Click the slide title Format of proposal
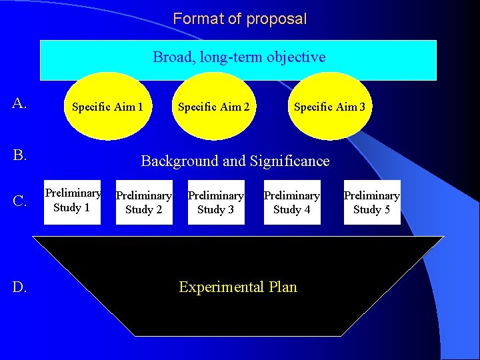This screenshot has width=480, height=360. click(239, 19)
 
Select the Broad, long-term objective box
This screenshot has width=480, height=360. click(239, 59)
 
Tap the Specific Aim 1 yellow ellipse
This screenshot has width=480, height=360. click(107, 106)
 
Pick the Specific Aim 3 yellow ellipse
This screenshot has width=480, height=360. click(329, 106)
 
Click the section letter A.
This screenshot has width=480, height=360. click(19, 103)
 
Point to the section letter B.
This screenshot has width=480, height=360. click(19, 155)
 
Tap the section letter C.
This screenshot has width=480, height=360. click(19, 201)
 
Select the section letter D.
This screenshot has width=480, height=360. click(19, 287)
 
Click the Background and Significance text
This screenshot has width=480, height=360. click(235, 161)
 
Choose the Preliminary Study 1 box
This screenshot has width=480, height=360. click(73, 201)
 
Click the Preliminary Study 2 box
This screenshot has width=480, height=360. click(144, 202)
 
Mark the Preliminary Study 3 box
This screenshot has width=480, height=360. click(216, 202)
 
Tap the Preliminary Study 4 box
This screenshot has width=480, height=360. click(292, 202)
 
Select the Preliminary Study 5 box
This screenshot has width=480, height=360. click(371, 202)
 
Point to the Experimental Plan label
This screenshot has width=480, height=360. click(238, 287)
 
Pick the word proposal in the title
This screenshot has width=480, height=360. click(277, 19)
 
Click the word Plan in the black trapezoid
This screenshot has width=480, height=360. click(283, 287)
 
